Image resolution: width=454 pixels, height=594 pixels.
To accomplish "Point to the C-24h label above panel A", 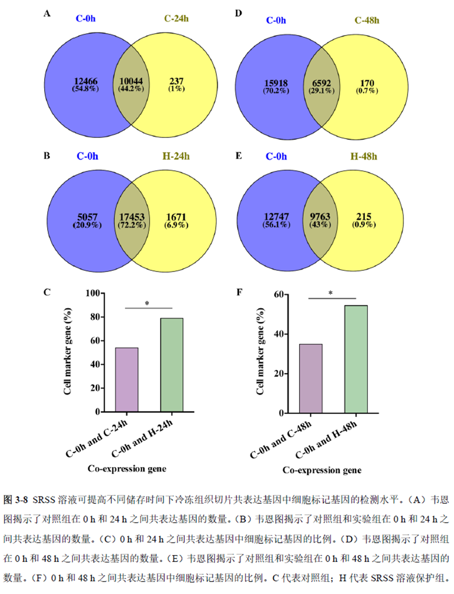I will pyautogui.click(x=176, y=19).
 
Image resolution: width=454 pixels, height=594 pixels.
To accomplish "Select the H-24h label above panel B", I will pyautogui.click(x=174, y=157).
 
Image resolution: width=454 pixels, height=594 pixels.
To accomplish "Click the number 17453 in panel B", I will pyautogui.click(x=132, y=217).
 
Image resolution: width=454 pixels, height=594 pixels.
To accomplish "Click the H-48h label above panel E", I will pyautogui.click(x=363, y=157).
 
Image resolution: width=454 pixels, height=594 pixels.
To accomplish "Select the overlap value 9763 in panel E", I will pyautogui.click(x=322, y=217).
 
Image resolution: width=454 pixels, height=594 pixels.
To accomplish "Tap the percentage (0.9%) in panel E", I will pyautogui.click(x=364, y=225).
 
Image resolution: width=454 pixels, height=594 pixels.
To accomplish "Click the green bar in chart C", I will pyautogui.click(x=172, y=365).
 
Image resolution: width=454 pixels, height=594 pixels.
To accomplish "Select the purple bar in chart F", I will pyautogui.click(x=311, y=378).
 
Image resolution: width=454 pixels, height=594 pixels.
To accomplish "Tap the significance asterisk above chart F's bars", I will pyautogui.click(x=331, y=293).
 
